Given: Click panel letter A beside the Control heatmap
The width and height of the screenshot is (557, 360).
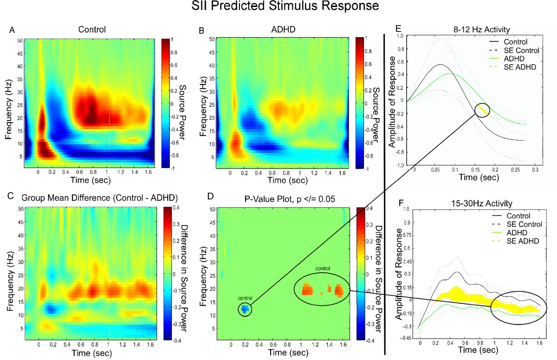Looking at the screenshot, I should pyautogui.click(x=12, y=31).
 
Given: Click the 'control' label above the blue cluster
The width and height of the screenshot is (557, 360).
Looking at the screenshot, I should pyautogui.click(x=245, y=298).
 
